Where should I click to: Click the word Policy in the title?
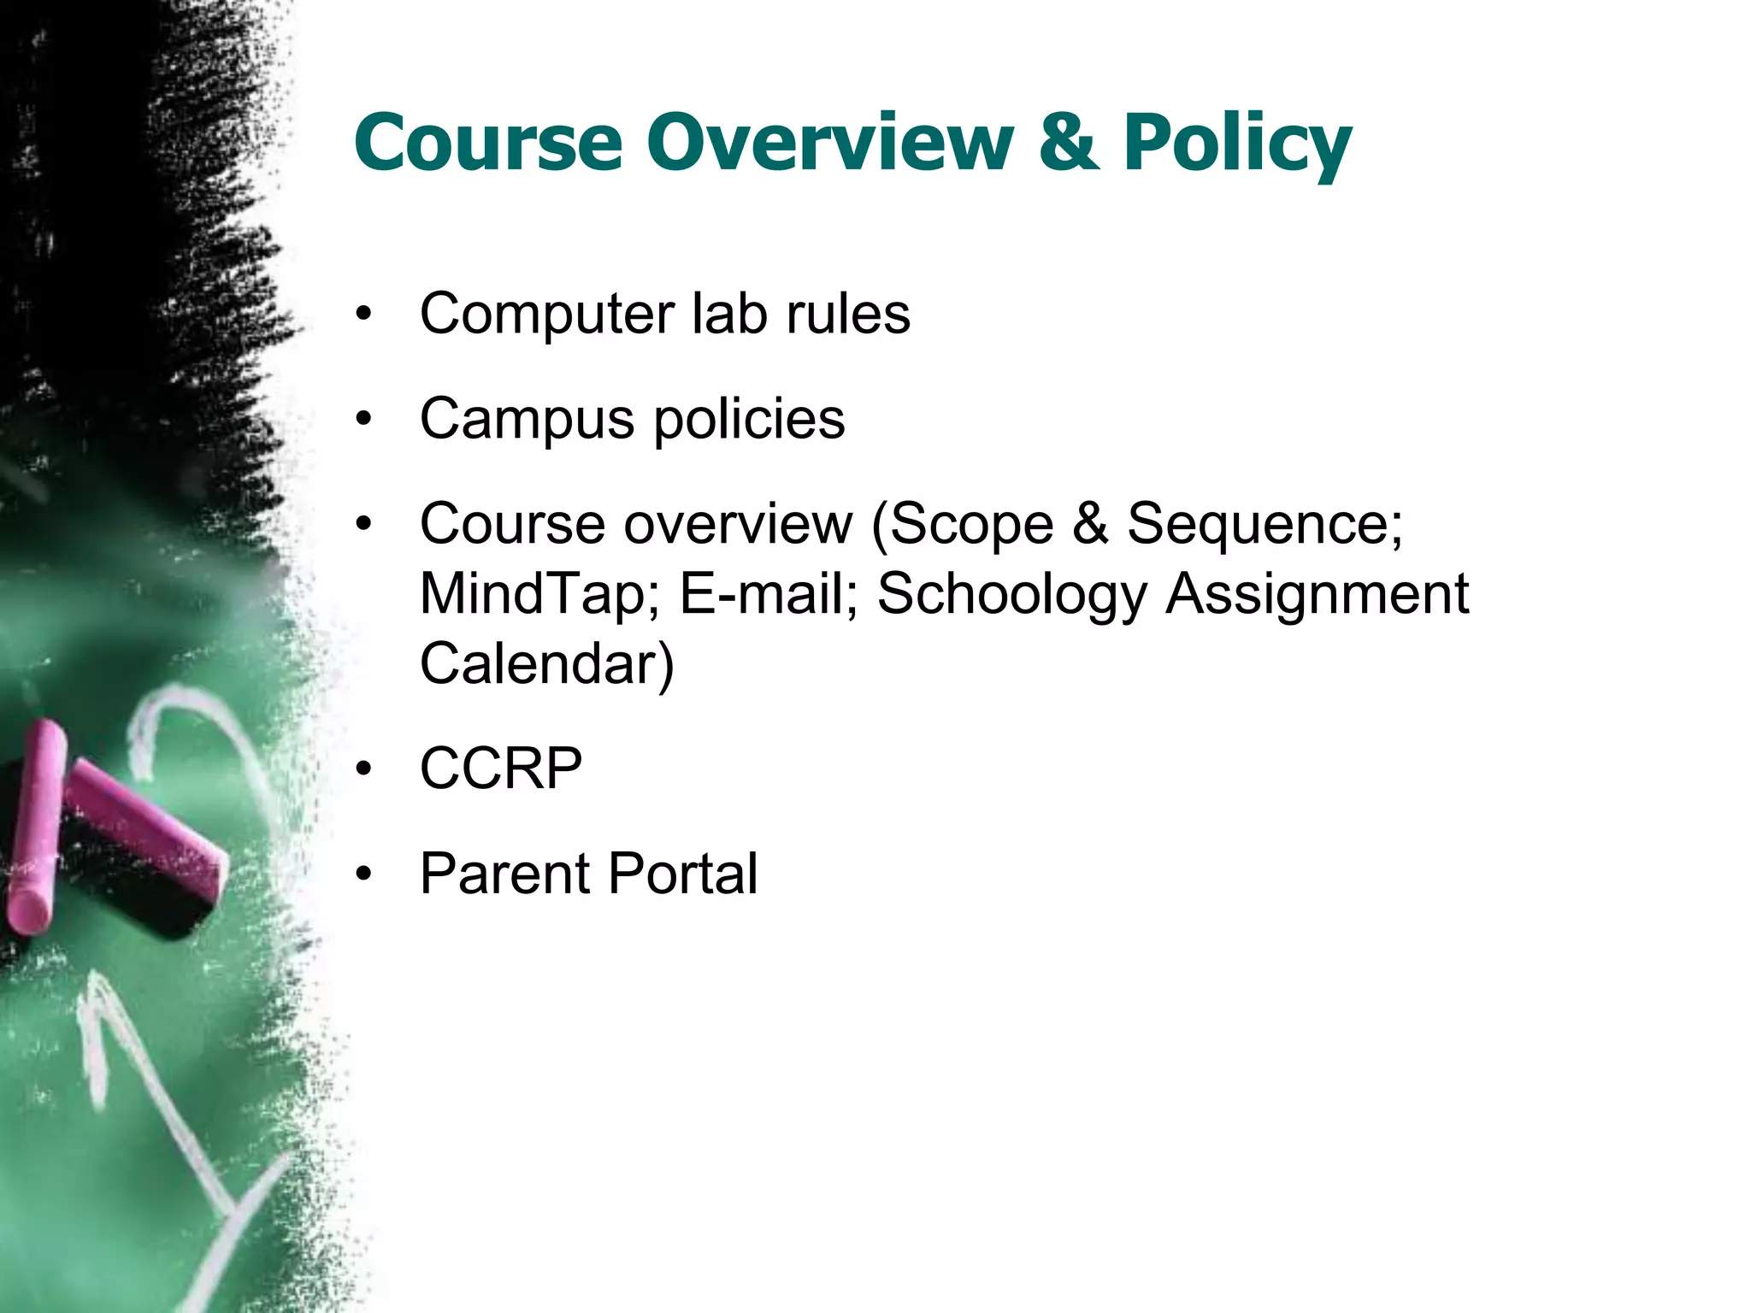(x=1237, y=144)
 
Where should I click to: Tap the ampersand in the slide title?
(x=1068, y=142)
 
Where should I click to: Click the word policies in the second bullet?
(x=749, y=419)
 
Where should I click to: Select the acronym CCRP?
(x=501, y=768)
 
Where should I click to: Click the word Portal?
(x=683, y=874)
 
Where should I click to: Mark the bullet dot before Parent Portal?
(x=365, y=874)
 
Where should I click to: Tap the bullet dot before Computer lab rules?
(x=365, y=315)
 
